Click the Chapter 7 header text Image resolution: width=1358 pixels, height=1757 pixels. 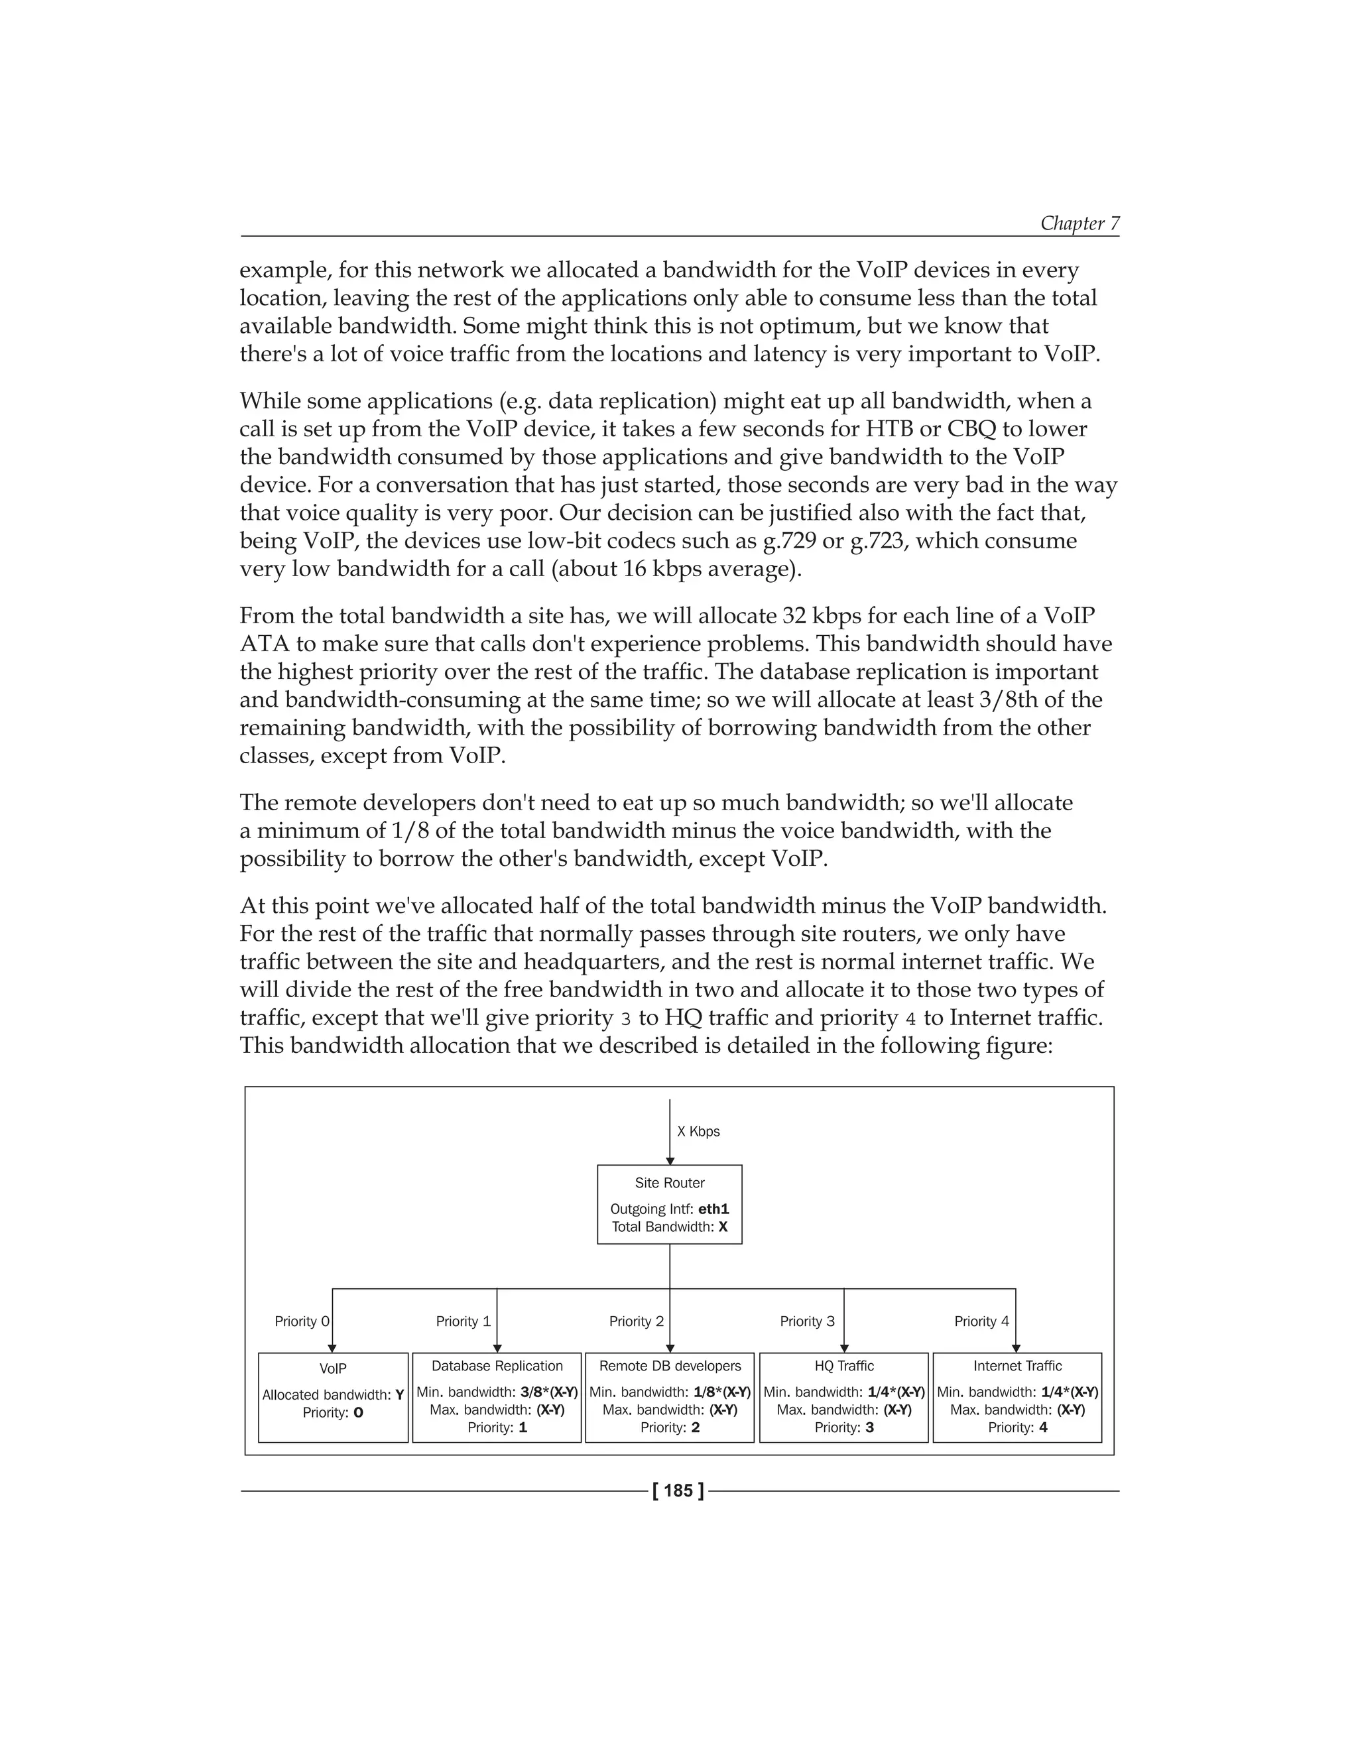coord(1079,223)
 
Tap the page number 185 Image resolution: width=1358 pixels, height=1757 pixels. coord(678,1490)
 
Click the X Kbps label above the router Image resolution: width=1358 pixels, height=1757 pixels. coord(698,1131)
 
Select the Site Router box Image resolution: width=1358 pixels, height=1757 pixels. coord(669,1204)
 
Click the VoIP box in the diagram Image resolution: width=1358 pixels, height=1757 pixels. coord(333,1398)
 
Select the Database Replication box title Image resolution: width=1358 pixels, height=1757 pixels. coord(497,1366)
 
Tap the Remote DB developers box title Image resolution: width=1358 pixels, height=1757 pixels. coord(669,1366)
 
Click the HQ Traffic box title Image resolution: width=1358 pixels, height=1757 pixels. coord(843,1366)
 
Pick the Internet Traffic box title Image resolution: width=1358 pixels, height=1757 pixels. coord(1017,1366)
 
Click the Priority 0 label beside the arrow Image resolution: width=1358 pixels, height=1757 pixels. coord(302,1321)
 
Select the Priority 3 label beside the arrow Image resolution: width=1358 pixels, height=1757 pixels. coord(807,1321)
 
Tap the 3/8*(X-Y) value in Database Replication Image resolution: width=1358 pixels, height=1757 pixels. coord(548,1392)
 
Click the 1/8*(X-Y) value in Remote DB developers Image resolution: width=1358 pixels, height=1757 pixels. coord(721,1392)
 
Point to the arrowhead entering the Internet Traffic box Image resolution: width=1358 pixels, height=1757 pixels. coord(1015,1349)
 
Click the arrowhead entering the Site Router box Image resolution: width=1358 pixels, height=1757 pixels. coord(669,1161)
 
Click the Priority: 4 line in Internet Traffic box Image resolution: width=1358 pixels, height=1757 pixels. coord(1017,1427)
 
